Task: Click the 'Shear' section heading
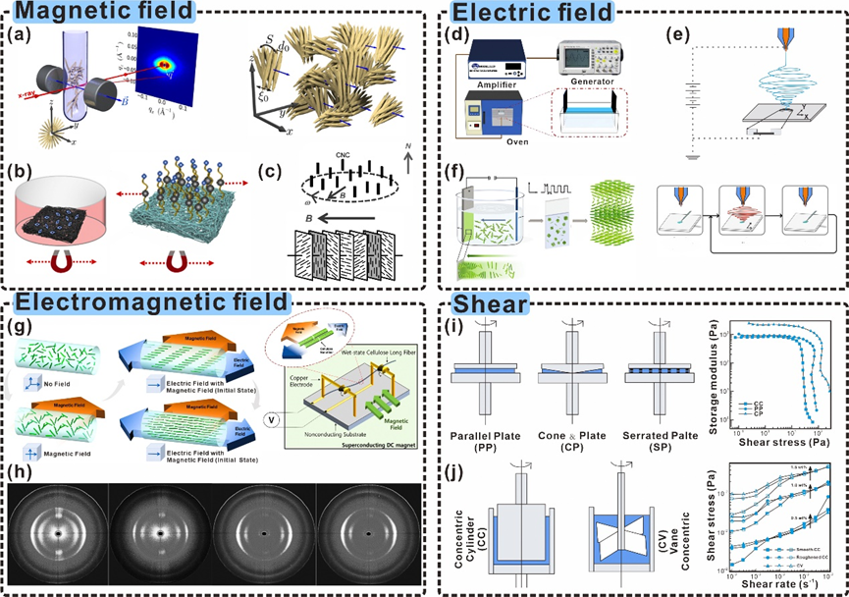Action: tap(488, 304)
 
